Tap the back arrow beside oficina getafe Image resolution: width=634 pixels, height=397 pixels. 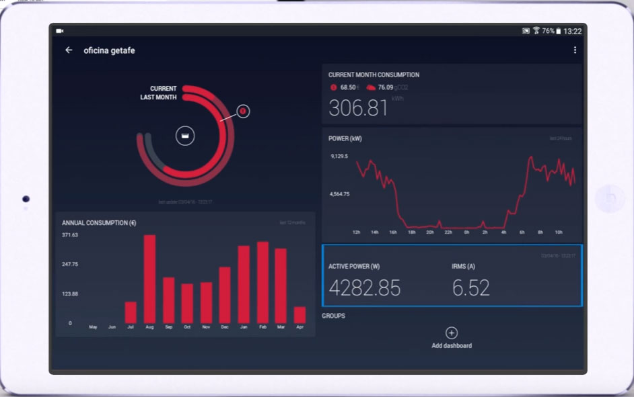pos(69,50)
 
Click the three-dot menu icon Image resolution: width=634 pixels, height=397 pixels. pos(575,50)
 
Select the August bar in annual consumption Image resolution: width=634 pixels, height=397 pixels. pos(149,279)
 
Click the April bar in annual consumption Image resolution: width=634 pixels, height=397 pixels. pos(300,315)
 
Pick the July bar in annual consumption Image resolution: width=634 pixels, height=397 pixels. pos(131,312)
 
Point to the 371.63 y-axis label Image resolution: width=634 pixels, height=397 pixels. pos(70,235)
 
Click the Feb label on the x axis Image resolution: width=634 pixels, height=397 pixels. pos(262,327)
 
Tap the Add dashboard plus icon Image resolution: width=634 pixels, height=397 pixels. pos(452,333)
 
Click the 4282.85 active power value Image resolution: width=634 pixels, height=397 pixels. pos(364,288)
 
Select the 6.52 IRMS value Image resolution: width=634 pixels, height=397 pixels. pos(470,288)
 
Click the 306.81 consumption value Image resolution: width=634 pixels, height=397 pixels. pos(358,107)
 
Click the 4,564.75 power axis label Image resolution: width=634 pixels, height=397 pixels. pos(339,194)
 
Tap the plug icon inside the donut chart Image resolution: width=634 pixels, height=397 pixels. pos(185,136)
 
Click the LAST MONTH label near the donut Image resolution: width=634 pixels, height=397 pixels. pos(158,97)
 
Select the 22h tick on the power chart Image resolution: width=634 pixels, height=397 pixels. pos(448,232)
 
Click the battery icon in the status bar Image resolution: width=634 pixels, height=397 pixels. pos(558,31)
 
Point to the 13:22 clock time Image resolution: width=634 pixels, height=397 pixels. pos(572,31)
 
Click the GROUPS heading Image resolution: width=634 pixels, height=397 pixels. pos(333,316)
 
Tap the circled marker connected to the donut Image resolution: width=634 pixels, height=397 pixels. pos(244,111)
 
